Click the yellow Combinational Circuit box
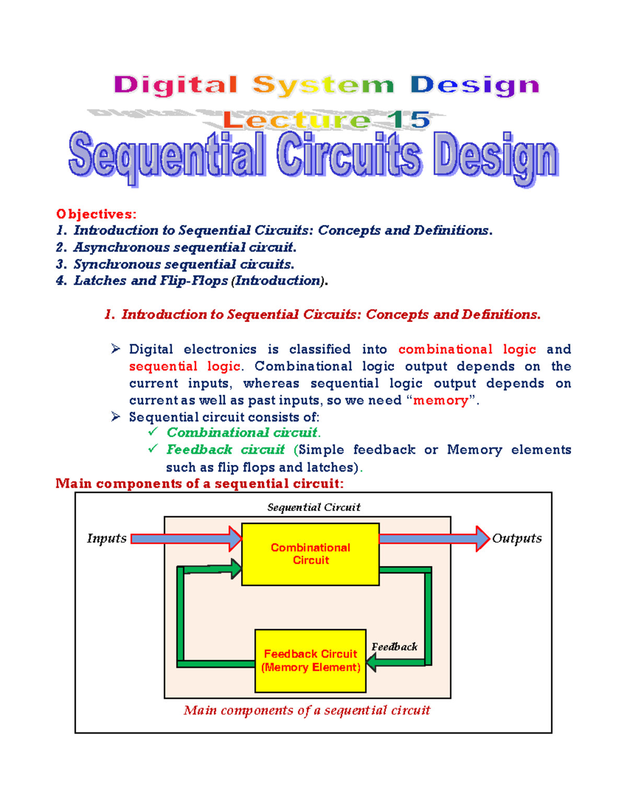tap(310, 554)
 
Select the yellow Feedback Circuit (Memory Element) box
tap(310, 660)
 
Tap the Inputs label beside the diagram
tap(107, 538)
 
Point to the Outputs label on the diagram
tap(517, 538)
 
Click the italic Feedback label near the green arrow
tap(394, 647)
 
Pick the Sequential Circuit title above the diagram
tap(313, 507)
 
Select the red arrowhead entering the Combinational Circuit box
tap(235, 539)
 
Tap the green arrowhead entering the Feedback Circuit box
tap(372, 662)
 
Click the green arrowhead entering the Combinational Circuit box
tap(236, 568)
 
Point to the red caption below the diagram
tap(307, 710)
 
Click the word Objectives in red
tap(96, 214)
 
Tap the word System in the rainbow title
tap(323, 85)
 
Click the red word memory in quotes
tap(440, 401)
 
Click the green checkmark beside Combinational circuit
tap(153, 431)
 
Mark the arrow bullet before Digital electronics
tap(115, 349)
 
